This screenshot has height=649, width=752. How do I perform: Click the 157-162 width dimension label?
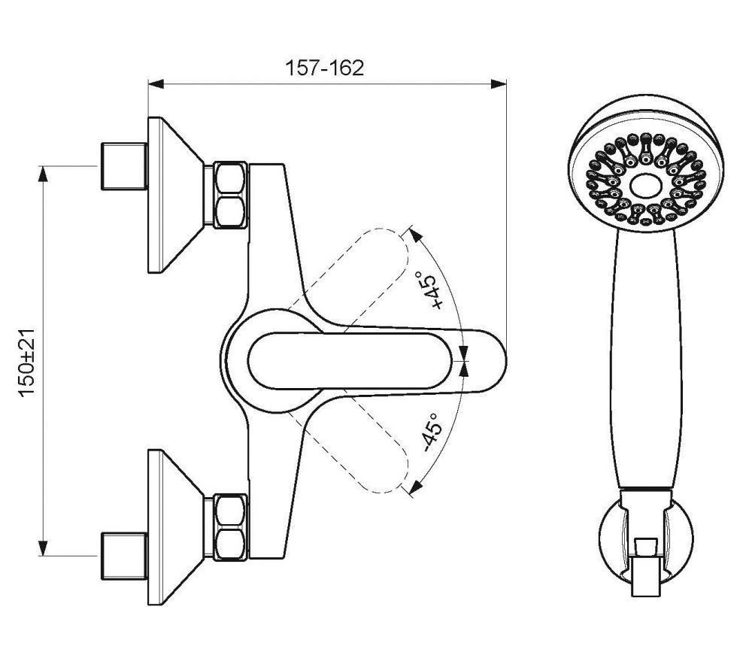pyautogui.click(x=325, y=68)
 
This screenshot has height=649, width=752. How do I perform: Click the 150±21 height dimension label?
pyautogui.click(x=27, y=362)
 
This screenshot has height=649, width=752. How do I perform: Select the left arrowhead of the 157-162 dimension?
pyautogui.click(x=156, y=84)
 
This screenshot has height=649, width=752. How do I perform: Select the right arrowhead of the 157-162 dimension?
pyautogui.click(x=499, y=84)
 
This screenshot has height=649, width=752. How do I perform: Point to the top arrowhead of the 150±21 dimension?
pyautogui.click(x=43, y=174)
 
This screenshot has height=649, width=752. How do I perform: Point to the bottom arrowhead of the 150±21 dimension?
pyautogui.click(x=43, y=547)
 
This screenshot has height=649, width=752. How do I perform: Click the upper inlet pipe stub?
pyautogui.click(x=124, y=166)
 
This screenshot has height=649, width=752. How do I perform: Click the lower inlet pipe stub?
pyautogui.click(x=124, y=556)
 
